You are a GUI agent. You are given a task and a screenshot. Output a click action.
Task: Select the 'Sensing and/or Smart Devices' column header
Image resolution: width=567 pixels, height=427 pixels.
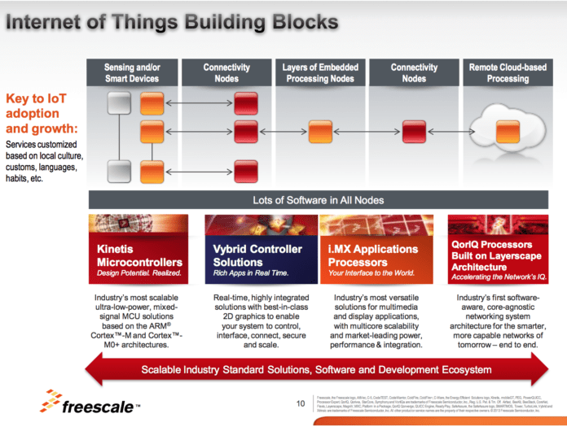(x=132, y=72)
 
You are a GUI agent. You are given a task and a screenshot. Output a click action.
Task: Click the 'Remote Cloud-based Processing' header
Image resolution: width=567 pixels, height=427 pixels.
(x=508, y=72)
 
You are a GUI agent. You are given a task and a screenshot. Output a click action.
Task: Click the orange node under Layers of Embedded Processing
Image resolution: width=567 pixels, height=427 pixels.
(x=319, y=130)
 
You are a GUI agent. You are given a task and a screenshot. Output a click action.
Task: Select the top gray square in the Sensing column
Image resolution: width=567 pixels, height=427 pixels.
(x=120, y=103)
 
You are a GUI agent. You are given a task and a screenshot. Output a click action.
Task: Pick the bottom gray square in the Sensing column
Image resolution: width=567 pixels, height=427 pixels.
(x=120, y=171)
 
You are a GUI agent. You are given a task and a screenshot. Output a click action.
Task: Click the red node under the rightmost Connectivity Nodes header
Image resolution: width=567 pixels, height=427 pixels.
(x=413, y=130)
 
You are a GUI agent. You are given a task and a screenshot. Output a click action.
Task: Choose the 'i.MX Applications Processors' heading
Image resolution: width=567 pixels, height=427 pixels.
(x=372, y=255)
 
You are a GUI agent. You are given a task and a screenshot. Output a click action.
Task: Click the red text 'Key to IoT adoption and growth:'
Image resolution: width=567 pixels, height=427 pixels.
(x=41, y=114)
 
